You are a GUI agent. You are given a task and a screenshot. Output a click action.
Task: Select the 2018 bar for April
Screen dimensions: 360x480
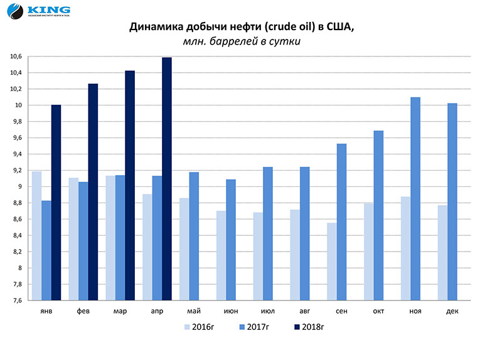pyautogui.click(x=166, y=179)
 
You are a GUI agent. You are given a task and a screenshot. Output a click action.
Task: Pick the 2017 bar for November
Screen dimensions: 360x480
pyautogui.click(x=415, y=199)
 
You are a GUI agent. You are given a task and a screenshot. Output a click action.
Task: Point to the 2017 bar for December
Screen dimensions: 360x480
pyautogui.click(x=452, y=202)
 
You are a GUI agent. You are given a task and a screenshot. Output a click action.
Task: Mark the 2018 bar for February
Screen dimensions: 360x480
pyautogui.click(x=93, y=192)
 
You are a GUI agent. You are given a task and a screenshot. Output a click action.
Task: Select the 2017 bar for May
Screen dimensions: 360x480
pyautogui.click(x=194, y=236)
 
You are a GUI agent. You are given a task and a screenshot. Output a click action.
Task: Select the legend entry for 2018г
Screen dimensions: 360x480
pyautogui.click(x=308, y=326)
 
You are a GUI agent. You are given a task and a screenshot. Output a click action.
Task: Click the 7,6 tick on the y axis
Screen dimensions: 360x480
pyautogui.click(x=17, y=300)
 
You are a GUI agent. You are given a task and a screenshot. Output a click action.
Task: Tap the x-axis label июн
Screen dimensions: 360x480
pyautogui.click(x=230, y=311)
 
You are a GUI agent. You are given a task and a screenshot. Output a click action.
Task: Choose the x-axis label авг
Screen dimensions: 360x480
pyautogui.click(x=304, y=311)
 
